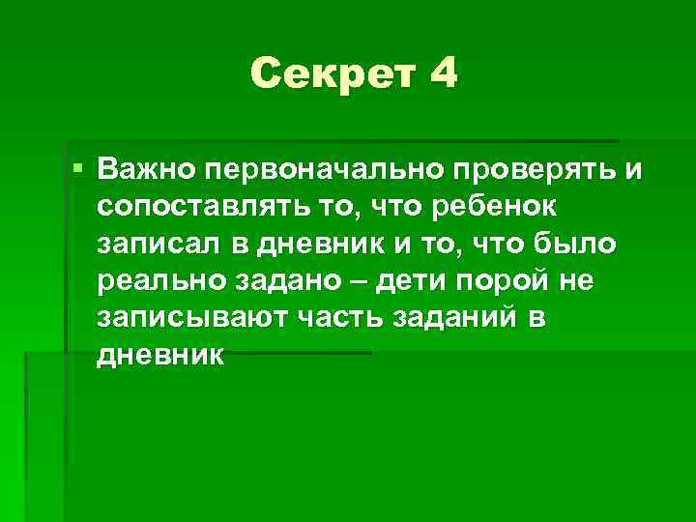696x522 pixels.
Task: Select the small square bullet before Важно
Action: click(77, 169)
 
